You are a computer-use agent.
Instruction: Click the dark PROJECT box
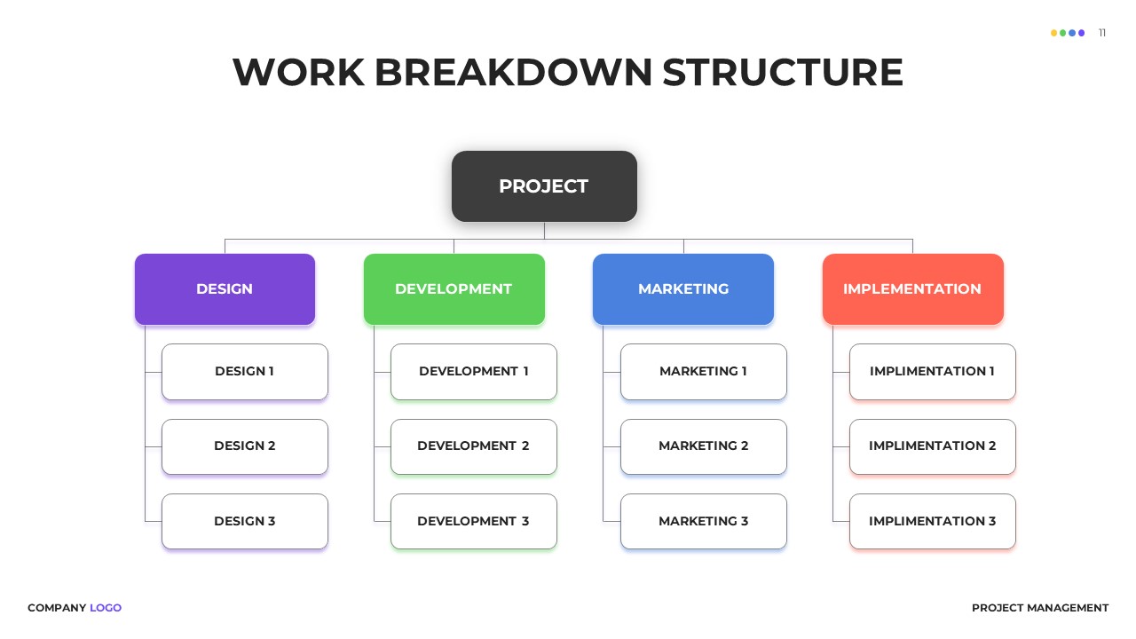pos(544,186)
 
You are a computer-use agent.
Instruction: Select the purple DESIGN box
pos(225,289)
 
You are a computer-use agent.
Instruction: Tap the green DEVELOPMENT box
pos(454,289)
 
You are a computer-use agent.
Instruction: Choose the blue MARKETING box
pos(683,289)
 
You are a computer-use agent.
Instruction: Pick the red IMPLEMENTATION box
pos(912,289)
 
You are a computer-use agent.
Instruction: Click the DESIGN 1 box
pos(245,372)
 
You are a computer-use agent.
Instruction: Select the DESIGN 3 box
pos(245,521)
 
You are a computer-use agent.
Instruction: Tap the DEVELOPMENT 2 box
pos(474,446)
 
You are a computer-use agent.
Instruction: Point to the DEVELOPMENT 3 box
pos(474,521)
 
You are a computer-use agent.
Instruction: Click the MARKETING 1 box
pos(703,372)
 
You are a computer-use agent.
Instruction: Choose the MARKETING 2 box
pos(703,446)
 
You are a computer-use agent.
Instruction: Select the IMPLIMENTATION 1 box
pos(932,372)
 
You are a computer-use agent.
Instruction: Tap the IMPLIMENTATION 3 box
pos(932,521)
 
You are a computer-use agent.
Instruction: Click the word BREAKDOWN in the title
pos(513,72)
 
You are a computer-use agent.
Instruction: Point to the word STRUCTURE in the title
pos(783,72)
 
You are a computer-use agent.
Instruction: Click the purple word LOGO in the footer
pos(106,608)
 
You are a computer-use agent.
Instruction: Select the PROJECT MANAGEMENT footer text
pos(1040,608)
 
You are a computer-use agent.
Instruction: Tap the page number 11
pos(1102,33)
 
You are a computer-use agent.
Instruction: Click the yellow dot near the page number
pos(1053,33)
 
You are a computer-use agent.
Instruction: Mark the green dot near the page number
pos(1062,33)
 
